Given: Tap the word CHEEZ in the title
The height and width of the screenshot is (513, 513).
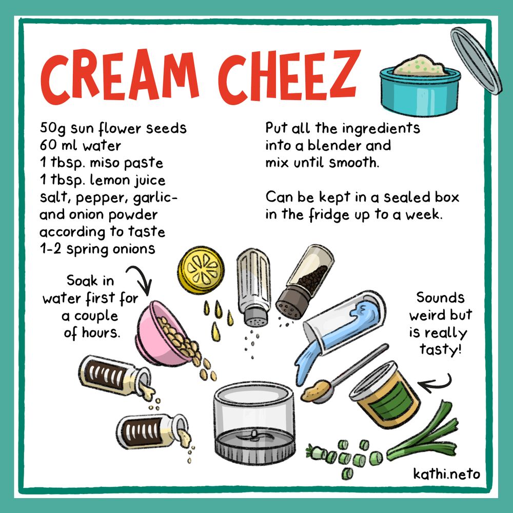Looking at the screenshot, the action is (x=289, y=76).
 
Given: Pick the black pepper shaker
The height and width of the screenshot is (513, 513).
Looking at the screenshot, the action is (x=305, y=281).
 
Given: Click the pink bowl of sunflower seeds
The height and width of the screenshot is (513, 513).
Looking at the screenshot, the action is (x=164, y=334).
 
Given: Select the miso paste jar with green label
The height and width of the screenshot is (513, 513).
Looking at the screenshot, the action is (x=384, y=394).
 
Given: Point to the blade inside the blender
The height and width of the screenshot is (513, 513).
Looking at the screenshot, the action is (x=253, y=436).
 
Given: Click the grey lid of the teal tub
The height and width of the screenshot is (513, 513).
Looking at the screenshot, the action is (x=476, y=61).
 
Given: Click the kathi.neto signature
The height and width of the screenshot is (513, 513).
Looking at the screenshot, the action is (x=446, y=473).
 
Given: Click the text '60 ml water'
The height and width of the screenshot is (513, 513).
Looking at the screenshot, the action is (x=80, y=145).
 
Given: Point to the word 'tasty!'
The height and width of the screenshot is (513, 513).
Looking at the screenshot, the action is (x=440, y=350).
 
